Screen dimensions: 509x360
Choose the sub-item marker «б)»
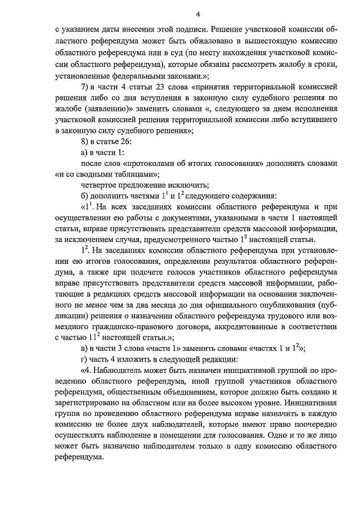(x=85, y=196)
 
